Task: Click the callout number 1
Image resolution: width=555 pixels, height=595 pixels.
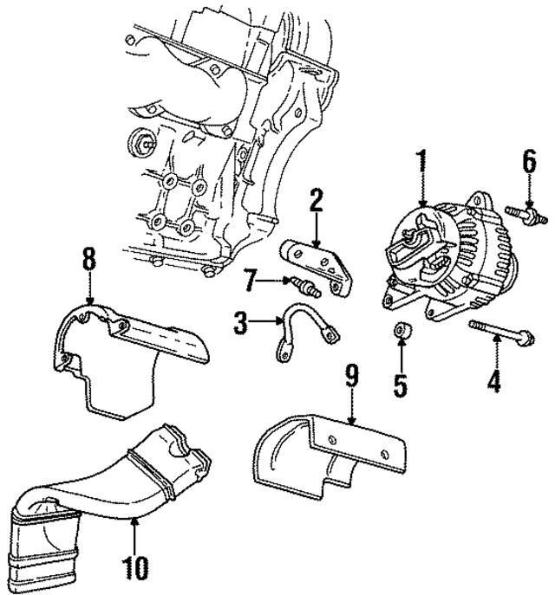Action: coord(422,162)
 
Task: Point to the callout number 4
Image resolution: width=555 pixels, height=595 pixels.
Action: coord(493,380)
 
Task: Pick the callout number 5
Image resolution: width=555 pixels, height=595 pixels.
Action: coord(400,383)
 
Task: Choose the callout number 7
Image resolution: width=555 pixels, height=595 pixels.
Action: coord(250,280)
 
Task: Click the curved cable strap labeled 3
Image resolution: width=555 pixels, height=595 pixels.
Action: coord(304,329)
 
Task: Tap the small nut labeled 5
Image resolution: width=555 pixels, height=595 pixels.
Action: coord(401,331)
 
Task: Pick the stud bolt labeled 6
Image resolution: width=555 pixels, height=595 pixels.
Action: coord(526,213)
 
